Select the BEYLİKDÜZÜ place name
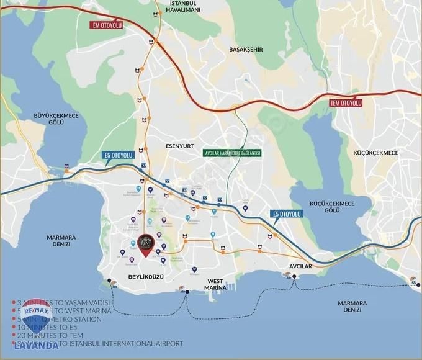pos(145,277)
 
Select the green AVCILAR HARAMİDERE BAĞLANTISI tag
pos(233,152)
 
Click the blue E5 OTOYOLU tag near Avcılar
pos(287,214)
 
